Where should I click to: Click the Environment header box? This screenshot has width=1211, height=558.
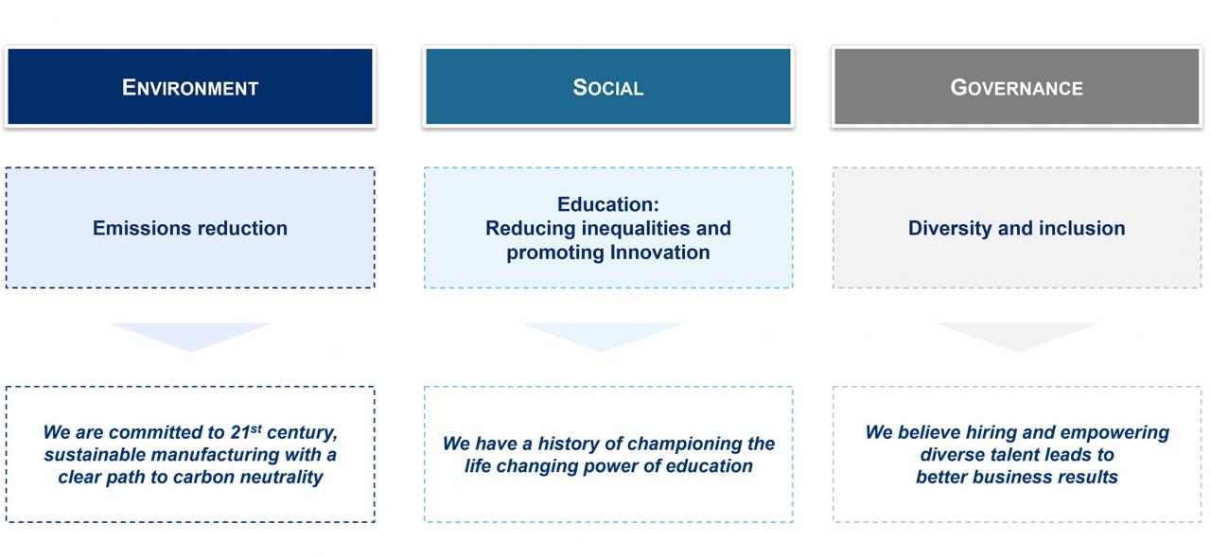190,86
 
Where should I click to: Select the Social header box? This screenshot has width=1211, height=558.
608,86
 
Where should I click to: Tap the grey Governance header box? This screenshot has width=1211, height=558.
1017,86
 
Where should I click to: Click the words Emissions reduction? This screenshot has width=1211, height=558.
190,228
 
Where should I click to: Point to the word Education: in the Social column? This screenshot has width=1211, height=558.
608,204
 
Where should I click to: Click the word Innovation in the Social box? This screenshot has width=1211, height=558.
659,253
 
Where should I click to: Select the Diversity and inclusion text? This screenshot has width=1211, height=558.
1017,228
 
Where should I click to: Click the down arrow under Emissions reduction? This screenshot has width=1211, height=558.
190,336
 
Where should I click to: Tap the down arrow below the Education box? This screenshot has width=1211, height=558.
602,336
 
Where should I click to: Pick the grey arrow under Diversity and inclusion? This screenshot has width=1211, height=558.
1017,336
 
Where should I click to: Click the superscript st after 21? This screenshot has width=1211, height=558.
256,428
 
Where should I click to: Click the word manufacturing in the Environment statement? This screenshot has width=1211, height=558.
215,455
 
